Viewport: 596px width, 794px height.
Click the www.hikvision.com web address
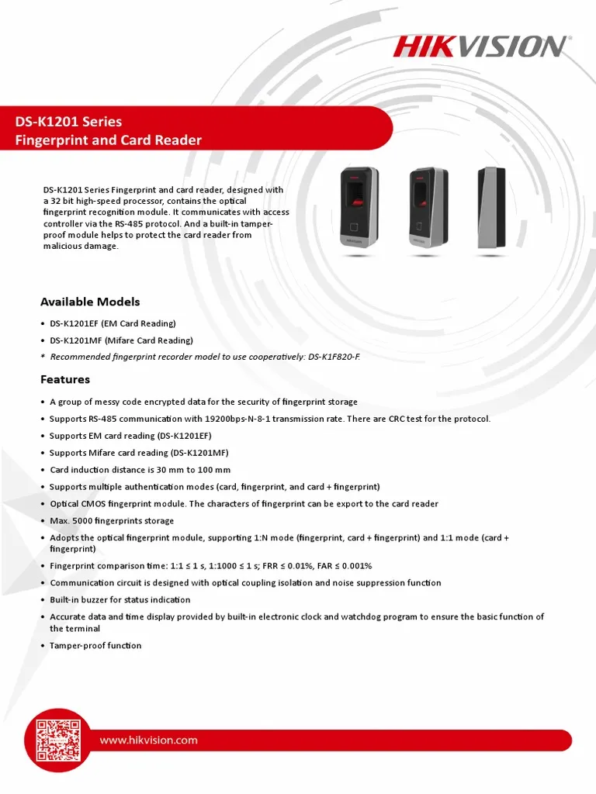click(x=148, y=740)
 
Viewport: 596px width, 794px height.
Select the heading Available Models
click(x=90, y=302)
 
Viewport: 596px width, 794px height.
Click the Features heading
click(x=65, y=379)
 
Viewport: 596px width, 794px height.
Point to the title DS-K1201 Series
click(x=69, y=122)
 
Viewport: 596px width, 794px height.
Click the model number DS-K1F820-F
click(x=334, y=357)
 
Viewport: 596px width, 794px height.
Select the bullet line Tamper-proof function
click(x=95, y=645)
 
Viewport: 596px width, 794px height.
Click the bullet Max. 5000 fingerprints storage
click(x=112, y=521)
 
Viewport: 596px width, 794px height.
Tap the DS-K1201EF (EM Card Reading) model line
click(x=113, y=323)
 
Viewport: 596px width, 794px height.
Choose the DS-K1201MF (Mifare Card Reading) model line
click(x=121, y=340)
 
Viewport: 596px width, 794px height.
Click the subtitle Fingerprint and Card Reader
click(x=109, y=140)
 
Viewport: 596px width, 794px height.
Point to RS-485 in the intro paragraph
click(x=190, y=223)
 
